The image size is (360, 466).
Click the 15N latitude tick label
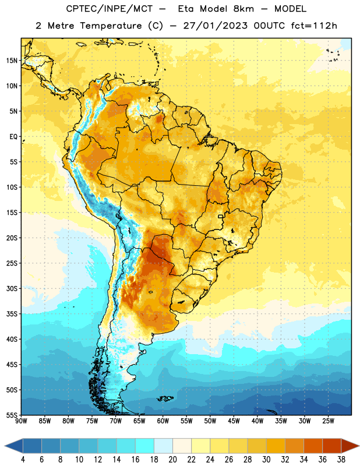[x=12, y=61]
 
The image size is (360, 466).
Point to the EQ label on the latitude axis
[x=13, y=137]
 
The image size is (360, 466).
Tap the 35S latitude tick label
[x=12, y=314]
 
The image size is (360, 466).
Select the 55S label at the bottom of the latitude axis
[x=12, y=415]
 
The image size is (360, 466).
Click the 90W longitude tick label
[x=21, y=421]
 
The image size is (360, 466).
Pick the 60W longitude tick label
[x=163, y=421]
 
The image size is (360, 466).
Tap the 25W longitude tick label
[x=328, y=421]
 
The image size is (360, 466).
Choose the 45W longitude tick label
[x=234, y=421]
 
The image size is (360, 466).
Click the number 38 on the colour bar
[x=341, y=460]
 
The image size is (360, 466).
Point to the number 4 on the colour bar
[x=23, y=460]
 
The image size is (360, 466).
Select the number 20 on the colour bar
[x=172, y=460]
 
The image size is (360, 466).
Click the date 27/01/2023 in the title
[x=215, y=26]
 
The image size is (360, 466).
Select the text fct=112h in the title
[x=314, y=26]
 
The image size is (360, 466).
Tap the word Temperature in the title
[x=111, y=26]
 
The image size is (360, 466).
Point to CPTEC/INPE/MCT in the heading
[x=109, y=9]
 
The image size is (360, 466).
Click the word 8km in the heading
[x=243, y=9]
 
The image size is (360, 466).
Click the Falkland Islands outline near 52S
[x=165, y=398]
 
